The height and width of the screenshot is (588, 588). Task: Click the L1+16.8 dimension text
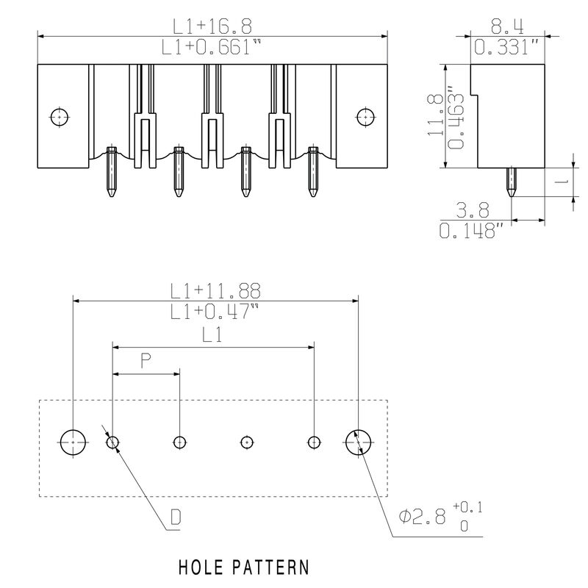point(212,26)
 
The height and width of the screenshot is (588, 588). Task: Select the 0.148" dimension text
point(473,232)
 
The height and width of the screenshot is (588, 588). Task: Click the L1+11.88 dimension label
point(215,291)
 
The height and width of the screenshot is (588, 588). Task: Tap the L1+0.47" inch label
point(215,312)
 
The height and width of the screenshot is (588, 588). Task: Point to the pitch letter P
point(146,361)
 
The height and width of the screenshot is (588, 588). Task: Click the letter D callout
point(176,518)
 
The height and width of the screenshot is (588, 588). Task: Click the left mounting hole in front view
point(58,116)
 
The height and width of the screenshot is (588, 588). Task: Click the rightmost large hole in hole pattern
point(359,442)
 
